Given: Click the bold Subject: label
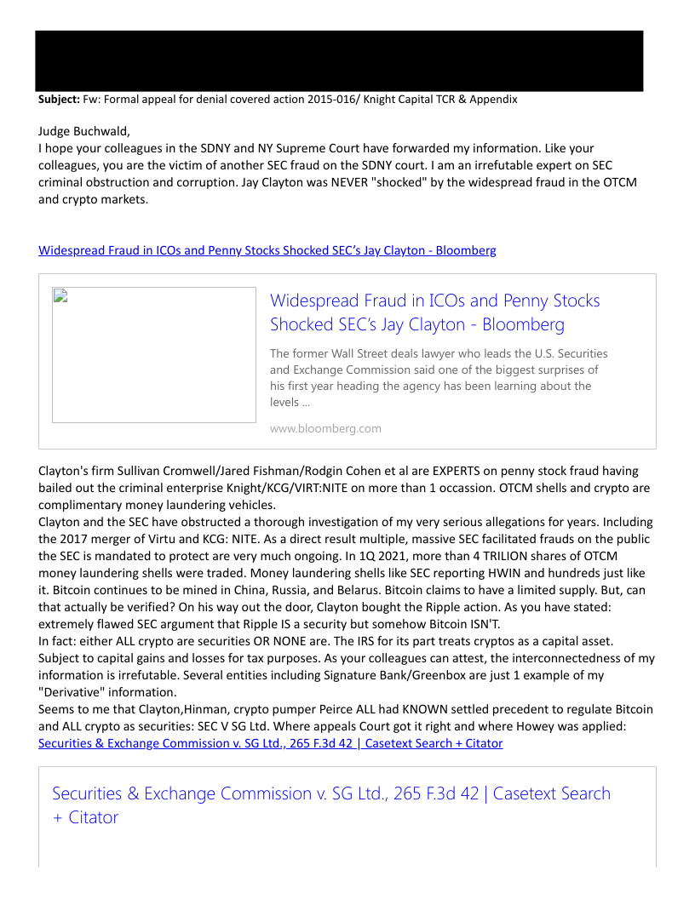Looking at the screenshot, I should click(x=59, y=100).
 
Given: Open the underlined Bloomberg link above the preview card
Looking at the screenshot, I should click(x=267, y=250).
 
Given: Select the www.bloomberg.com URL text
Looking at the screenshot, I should click(x=325, y=428).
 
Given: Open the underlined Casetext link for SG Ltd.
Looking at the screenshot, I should click(x=271, y=743).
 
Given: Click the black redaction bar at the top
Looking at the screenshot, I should click(x=339, y=60).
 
